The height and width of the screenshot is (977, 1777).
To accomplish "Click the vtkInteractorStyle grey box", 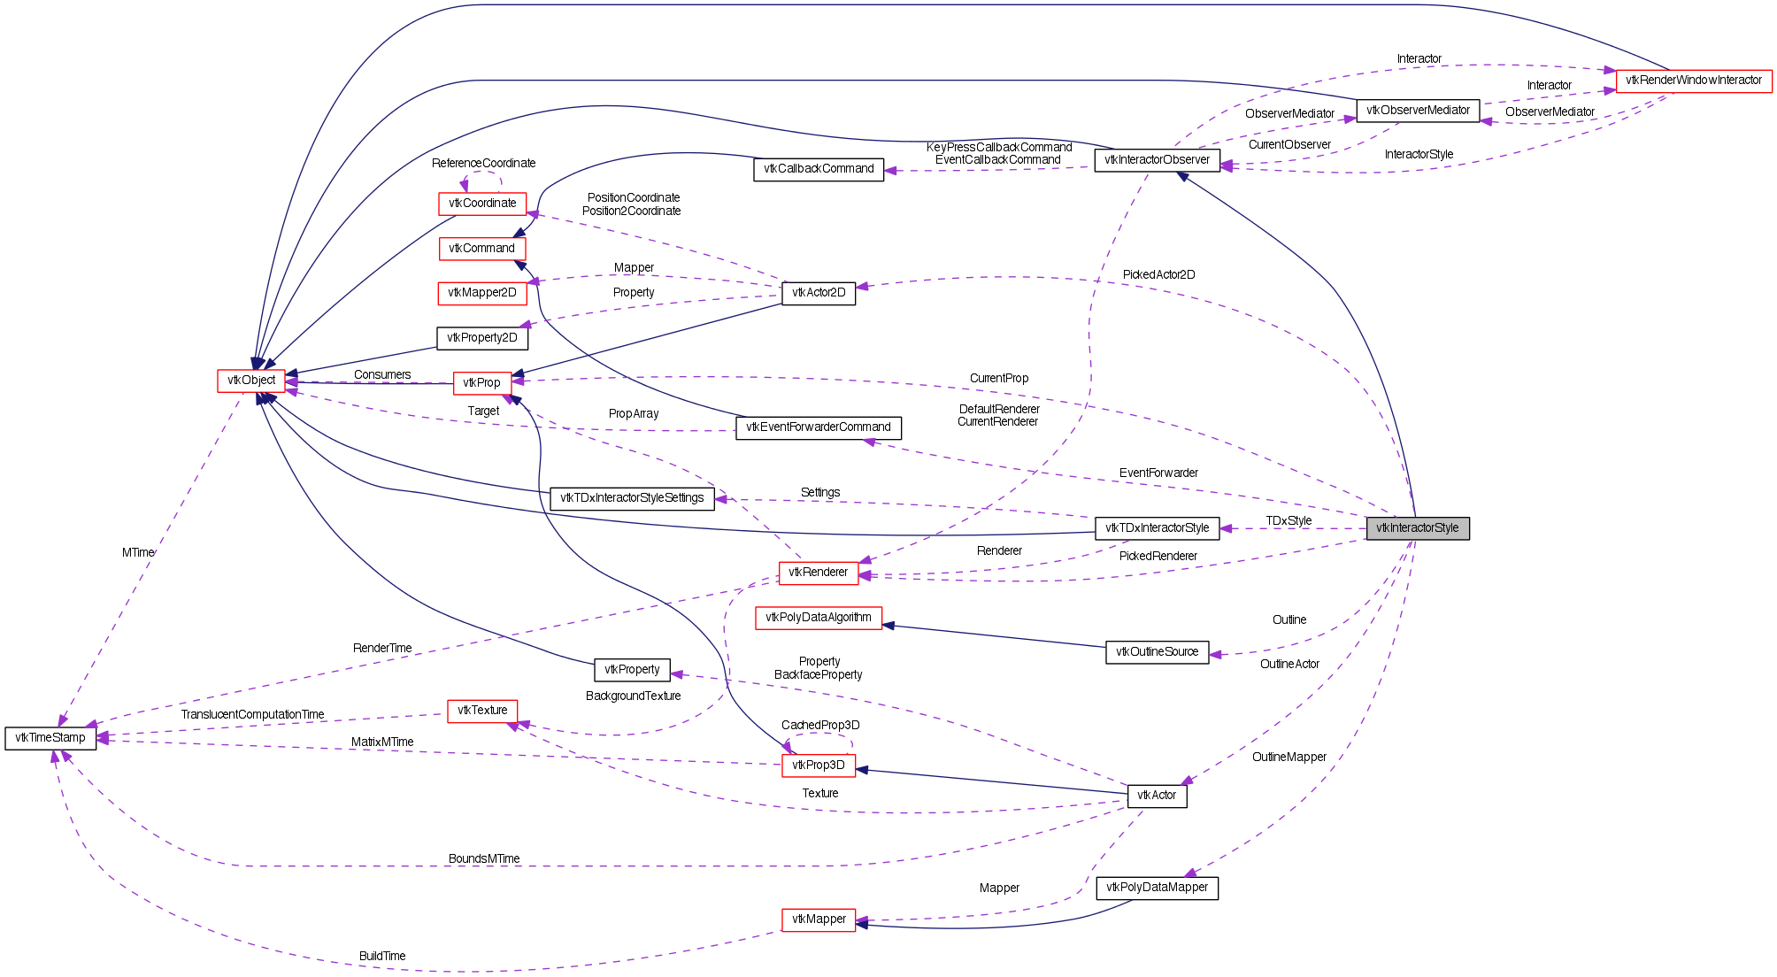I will (x=1417, y=528).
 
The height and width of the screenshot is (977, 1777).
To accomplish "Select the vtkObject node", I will (x=251, y=381).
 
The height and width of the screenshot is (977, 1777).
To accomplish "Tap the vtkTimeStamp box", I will (x=50, y=738).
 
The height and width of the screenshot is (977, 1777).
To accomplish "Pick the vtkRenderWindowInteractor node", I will (x=1693, y=81).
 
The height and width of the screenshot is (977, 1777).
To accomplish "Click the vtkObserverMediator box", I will (x=1417, y=111).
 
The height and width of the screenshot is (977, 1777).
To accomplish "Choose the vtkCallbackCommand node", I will (x=819, y=169).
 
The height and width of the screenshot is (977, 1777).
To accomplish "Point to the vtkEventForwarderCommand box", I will (x=818, y=427).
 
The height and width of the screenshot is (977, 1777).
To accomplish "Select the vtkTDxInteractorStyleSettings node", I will (x=632, y=498).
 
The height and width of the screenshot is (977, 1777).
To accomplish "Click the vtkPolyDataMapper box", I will (x=1157, y=888).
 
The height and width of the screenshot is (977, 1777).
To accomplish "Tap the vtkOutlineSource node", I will (x=1157, y=652).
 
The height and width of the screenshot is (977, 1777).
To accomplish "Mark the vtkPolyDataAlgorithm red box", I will (x=818, y=618).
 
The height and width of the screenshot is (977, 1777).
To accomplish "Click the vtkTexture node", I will (x=482, y=711).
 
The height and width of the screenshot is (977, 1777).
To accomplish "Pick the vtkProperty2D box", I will (x=481, y=338).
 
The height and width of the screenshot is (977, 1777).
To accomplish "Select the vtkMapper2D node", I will (x=481, y=293).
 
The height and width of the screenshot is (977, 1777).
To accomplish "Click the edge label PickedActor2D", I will (x=1158, y=275).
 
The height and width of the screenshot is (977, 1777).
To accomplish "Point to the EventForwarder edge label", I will (x=1158, y=473).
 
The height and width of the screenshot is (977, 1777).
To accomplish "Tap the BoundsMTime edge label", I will (x=484, y=859).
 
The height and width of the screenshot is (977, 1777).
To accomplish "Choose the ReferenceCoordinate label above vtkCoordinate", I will (x=483, y=164).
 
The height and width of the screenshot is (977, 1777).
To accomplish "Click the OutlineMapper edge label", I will (x=1289, y=758).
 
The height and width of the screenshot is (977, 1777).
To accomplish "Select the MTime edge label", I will (x=138, y=553).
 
